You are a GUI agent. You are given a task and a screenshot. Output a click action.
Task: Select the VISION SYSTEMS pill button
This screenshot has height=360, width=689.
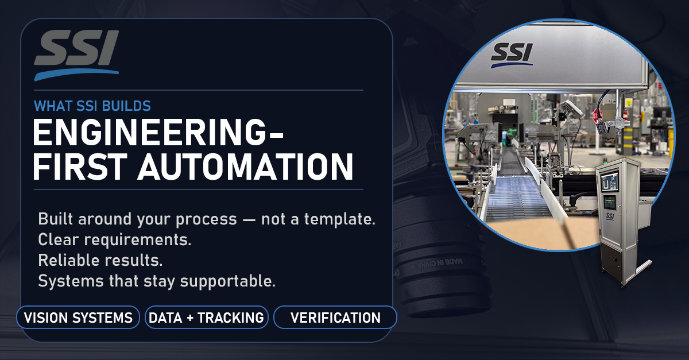(x=78, y=318)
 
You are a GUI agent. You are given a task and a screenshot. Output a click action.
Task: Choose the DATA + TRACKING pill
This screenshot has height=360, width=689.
(x=206, y=318)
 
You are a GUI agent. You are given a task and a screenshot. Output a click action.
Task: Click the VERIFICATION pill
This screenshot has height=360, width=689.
(x=335, y=318)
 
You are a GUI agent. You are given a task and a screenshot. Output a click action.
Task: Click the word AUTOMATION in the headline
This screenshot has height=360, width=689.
(x=247, y=168)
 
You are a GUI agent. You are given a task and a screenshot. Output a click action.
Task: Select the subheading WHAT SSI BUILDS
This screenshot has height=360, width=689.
(x=92, y=106)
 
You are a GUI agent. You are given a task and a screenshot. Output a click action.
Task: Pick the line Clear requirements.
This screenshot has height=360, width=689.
(x=114, y=240)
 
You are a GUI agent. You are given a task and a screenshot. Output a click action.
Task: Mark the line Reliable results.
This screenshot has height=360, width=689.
(x=100, y=261)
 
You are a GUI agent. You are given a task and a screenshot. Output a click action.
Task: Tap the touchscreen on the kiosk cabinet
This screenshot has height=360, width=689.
(x=610, y=183)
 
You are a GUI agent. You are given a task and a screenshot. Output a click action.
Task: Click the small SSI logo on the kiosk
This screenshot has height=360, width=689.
(x=611, y=216)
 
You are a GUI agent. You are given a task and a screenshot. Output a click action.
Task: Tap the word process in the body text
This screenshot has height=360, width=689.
(x=207, y=219)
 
